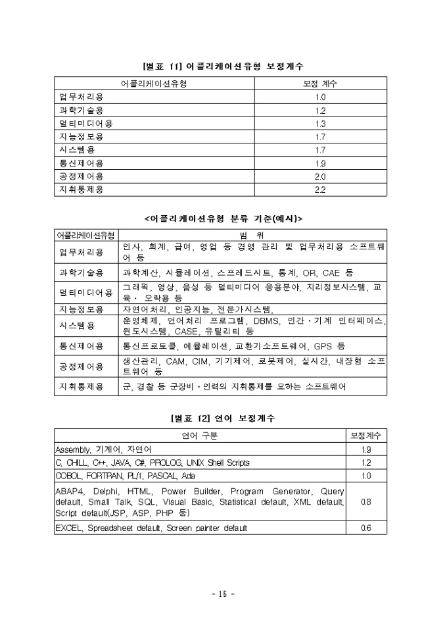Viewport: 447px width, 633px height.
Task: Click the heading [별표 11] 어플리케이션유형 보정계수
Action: click(223, 66)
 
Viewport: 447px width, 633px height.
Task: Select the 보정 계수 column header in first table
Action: click(320, 84)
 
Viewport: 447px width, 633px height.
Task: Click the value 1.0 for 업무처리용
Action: click(320, 97)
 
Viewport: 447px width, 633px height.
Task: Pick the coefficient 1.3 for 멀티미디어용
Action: click(320, 124)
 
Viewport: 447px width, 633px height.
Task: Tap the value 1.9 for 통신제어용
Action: click(320, 163)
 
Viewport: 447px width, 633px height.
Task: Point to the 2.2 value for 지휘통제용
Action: click(320, 190)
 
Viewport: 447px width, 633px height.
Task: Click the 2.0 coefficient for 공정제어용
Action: click(320, 176)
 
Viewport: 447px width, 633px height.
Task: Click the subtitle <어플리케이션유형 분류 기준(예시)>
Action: click(223, 218)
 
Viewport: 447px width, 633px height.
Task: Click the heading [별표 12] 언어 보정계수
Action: click(223, 418)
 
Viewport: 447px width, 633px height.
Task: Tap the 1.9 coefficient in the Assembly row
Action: click(365, 449)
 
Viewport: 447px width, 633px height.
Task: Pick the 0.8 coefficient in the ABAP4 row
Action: click(365, 501)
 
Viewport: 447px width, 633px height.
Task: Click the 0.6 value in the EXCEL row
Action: click(365, 528)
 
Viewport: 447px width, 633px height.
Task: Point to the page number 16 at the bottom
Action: click(223, 594)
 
